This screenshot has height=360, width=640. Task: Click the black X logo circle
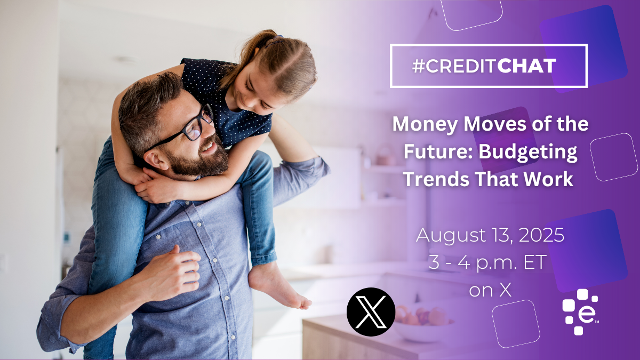[x=371, y=312]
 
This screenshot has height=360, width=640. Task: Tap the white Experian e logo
[x=581, y=311]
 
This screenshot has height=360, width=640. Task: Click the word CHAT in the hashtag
[x=526, y=66]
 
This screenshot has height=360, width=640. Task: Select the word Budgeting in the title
[x=527, y=153]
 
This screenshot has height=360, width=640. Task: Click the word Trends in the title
[x=436, y=179]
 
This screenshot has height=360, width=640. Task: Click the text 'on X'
[x=490, y=290]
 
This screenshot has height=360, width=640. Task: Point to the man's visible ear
[x=156, y=161]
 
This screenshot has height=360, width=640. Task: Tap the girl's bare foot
[x=278, y=286]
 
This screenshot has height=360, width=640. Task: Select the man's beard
[x=197, y=158]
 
